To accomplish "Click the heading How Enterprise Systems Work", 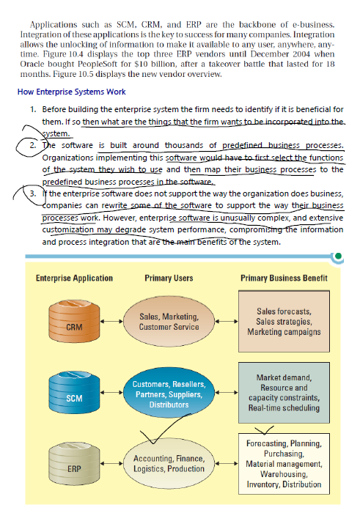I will pos(71,92).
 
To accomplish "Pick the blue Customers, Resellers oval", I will pos(169,394).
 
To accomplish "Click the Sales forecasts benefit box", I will pos(284,322).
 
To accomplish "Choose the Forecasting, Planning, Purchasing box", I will pos(283,464).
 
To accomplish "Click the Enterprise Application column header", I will pos(74,278).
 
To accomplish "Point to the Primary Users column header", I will pos(169,278).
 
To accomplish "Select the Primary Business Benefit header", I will pos(284,278).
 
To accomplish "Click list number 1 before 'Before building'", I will pos(34,109).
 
